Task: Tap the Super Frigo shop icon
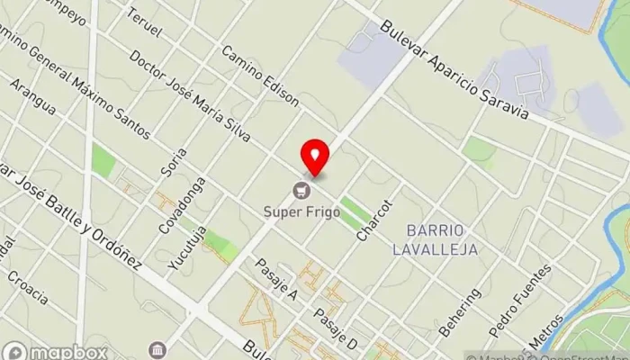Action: coord(301,190)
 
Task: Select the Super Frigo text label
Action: coord(301,212)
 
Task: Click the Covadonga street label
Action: coord(182,205)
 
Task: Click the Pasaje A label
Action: coord(276,280)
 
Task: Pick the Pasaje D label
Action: coord(336,328)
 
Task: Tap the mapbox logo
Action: coord(56,351)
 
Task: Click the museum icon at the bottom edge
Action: coord(158,349)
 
